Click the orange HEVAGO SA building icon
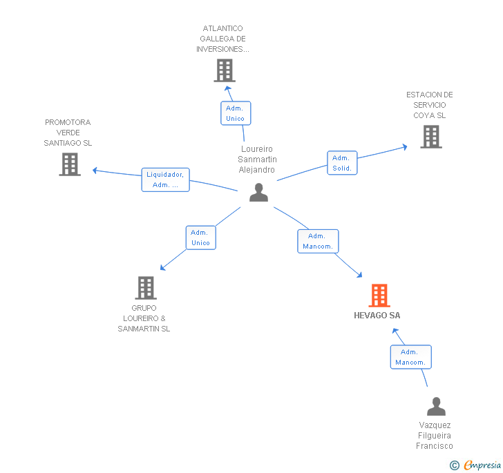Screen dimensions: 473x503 379,295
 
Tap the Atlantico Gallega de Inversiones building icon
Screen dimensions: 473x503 224,70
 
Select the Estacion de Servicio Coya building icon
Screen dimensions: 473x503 431,137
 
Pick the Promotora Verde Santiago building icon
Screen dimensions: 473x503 69,164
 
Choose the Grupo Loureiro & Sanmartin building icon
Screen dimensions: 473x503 145,287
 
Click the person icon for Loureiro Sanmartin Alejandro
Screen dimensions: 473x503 258,193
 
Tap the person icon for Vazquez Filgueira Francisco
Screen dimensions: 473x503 436,406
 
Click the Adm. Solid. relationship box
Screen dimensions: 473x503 342,163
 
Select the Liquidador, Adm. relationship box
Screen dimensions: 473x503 166,180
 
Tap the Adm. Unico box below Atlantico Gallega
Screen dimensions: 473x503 235,113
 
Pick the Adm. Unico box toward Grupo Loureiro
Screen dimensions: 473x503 200,238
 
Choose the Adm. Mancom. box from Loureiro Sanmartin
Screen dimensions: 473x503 318,241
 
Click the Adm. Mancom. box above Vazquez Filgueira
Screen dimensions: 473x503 410,357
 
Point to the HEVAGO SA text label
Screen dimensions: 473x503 377,316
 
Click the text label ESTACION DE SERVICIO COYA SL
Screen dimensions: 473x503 429,105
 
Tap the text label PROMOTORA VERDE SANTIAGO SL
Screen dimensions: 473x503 68,133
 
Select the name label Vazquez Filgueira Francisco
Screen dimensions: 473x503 434,436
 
